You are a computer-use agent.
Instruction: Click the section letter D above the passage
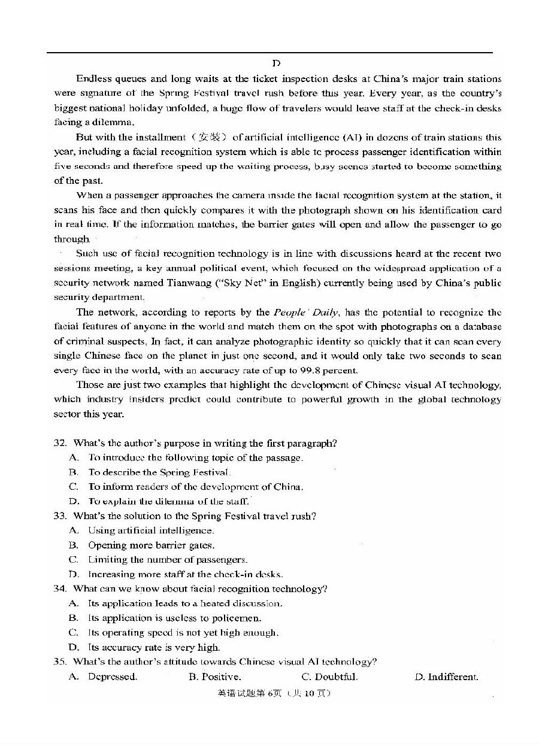275,63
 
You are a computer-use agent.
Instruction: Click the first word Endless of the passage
93,78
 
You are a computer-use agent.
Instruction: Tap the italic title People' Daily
306,312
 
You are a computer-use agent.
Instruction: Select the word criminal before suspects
76,341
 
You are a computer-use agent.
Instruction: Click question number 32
60,443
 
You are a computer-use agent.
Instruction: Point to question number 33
60,516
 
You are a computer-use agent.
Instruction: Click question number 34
60,589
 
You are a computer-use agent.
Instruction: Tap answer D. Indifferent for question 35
446,677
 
